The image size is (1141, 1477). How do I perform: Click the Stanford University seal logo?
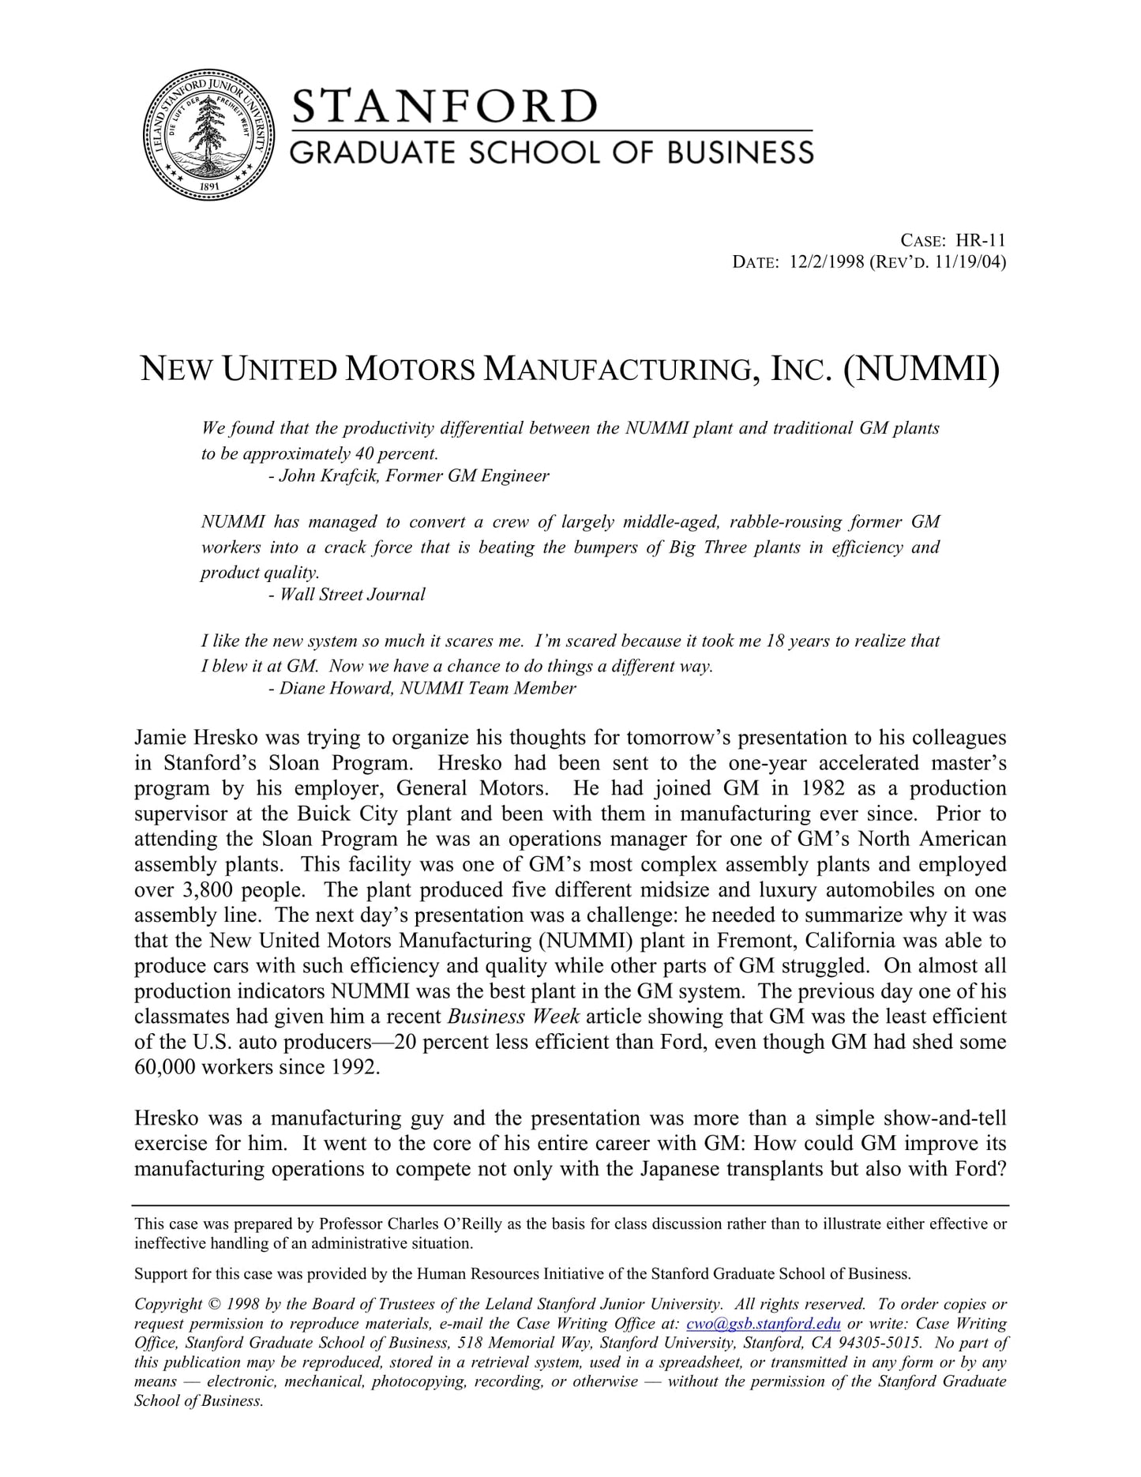pyautogui.click(x=208, y=134)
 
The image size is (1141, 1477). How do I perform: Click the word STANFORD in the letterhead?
pyautogui.click(x=445, y=107)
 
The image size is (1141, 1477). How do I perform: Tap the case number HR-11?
pyautogui.click(x=981, y=241)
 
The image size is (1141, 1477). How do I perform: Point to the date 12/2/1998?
pyautogui.click(x=826, y=262)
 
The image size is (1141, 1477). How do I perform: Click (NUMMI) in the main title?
pyautogui.click(x=921, y=369)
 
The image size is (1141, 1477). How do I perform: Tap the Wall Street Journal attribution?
pyautogui.click(x=352, y=595)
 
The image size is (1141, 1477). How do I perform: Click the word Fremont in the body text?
pyautogui.click(x=749, y=941)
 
